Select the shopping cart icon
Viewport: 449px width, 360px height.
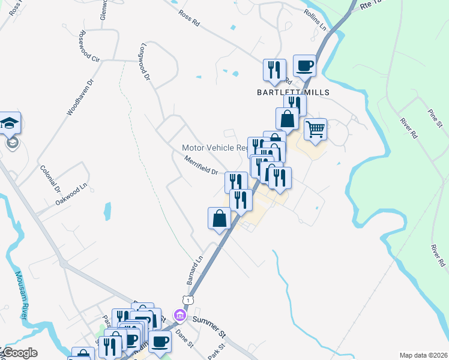[315, 129]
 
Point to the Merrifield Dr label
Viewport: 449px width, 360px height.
[201, 166]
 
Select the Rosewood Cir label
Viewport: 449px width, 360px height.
[87, 47]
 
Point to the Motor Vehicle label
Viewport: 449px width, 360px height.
[215, 148]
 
